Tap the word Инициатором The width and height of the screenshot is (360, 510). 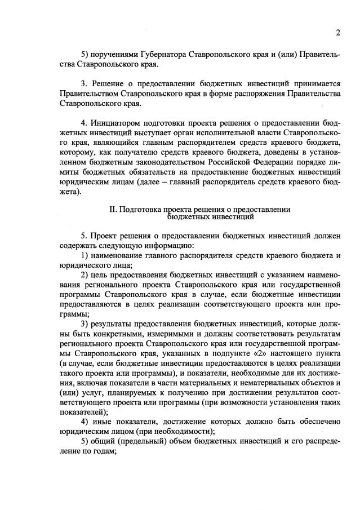pos(115,123)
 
